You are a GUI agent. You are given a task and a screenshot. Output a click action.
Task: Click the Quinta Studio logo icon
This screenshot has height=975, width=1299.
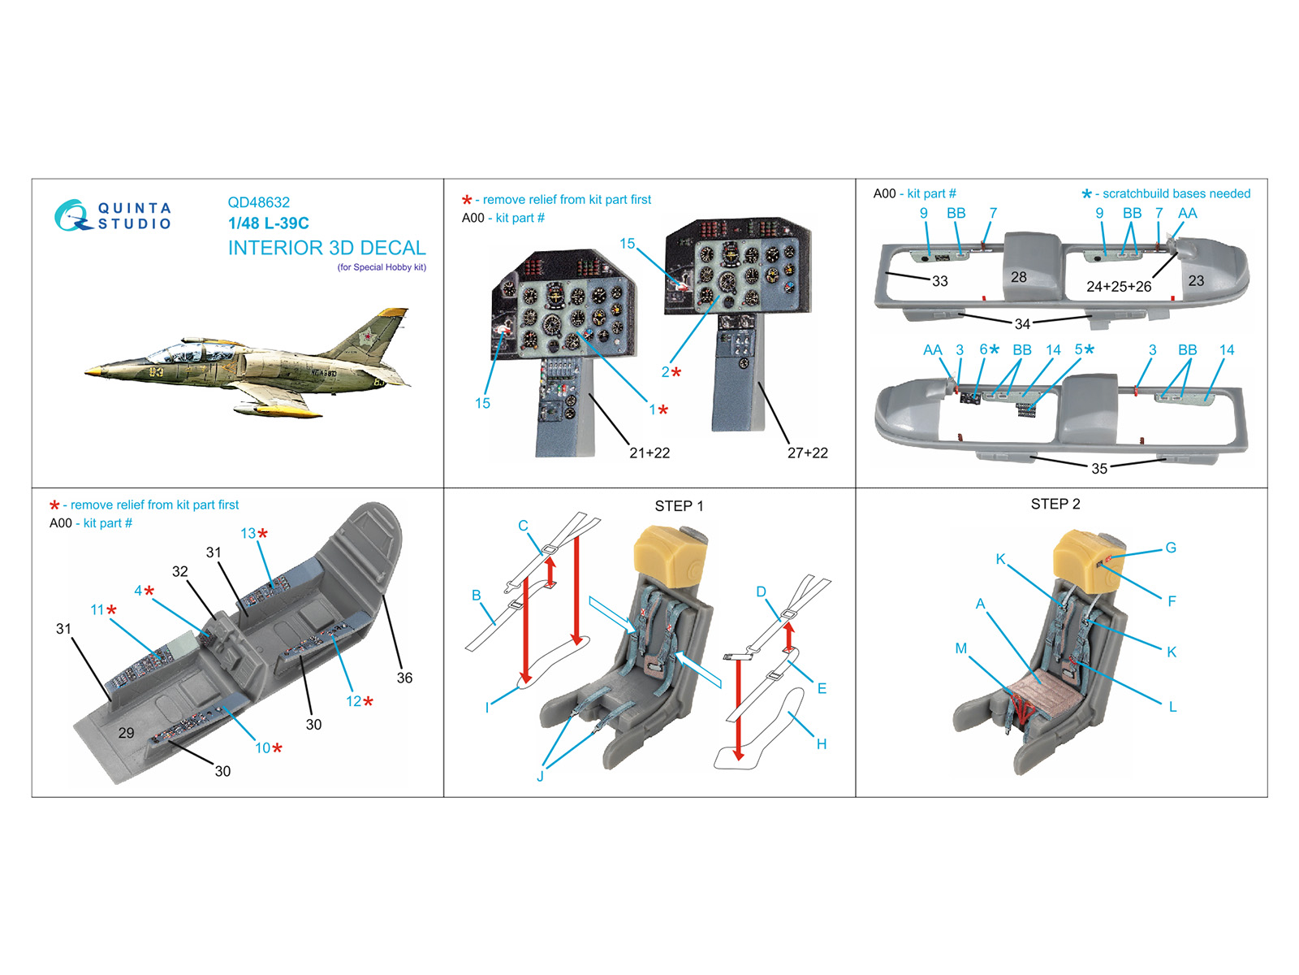pos(71,215)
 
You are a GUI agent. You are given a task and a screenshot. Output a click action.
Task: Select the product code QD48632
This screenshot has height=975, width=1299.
pos(258,202)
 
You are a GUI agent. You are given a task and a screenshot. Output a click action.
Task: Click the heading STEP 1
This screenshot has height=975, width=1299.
pos(679,506)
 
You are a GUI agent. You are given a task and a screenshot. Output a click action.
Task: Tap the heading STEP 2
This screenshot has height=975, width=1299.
pos(1055,504)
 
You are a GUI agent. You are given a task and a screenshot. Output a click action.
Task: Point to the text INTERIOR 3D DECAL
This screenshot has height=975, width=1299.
pos(326,248)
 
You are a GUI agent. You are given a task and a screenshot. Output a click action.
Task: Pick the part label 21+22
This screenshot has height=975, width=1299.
pos(649,453)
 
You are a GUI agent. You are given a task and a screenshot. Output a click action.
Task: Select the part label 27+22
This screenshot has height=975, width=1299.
pos(807,453)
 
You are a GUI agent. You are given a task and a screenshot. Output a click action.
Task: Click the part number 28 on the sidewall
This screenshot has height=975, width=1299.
pos(1018,277)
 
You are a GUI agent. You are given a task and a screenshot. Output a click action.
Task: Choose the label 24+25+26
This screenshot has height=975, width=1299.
pos(1118,286)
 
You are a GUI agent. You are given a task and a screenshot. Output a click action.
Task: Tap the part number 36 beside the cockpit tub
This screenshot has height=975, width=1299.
pos(404,678)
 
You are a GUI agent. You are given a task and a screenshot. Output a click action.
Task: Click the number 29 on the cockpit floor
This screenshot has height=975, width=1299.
pos(126,733)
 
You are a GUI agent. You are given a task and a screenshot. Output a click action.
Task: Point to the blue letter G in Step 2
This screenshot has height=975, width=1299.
pos(1170,548)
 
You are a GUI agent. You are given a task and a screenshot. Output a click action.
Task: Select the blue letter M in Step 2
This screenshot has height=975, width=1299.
pos(960,648)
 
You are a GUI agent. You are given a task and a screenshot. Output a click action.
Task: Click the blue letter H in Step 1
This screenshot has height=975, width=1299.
pos(821,743)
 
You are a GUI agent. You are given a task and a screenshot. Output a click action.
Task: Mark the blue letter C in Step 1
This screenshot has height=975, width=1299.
pos(523,526)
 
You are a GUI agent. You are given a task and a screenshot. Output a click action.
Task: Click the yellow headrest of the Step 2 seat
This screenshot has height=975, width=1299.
pos(1084,557)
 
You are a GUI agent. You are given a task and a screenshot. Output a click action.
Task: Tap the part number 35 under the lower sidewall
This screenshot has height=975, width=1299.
pos(1098,468)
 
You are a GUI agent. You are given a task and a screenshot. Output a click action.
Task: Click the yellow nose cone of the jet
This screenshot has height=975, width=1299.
pos(92,371)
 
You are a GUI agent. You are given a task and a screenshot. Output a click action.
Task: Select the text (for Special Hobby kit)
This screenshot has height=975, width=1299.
pos(382,267)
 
